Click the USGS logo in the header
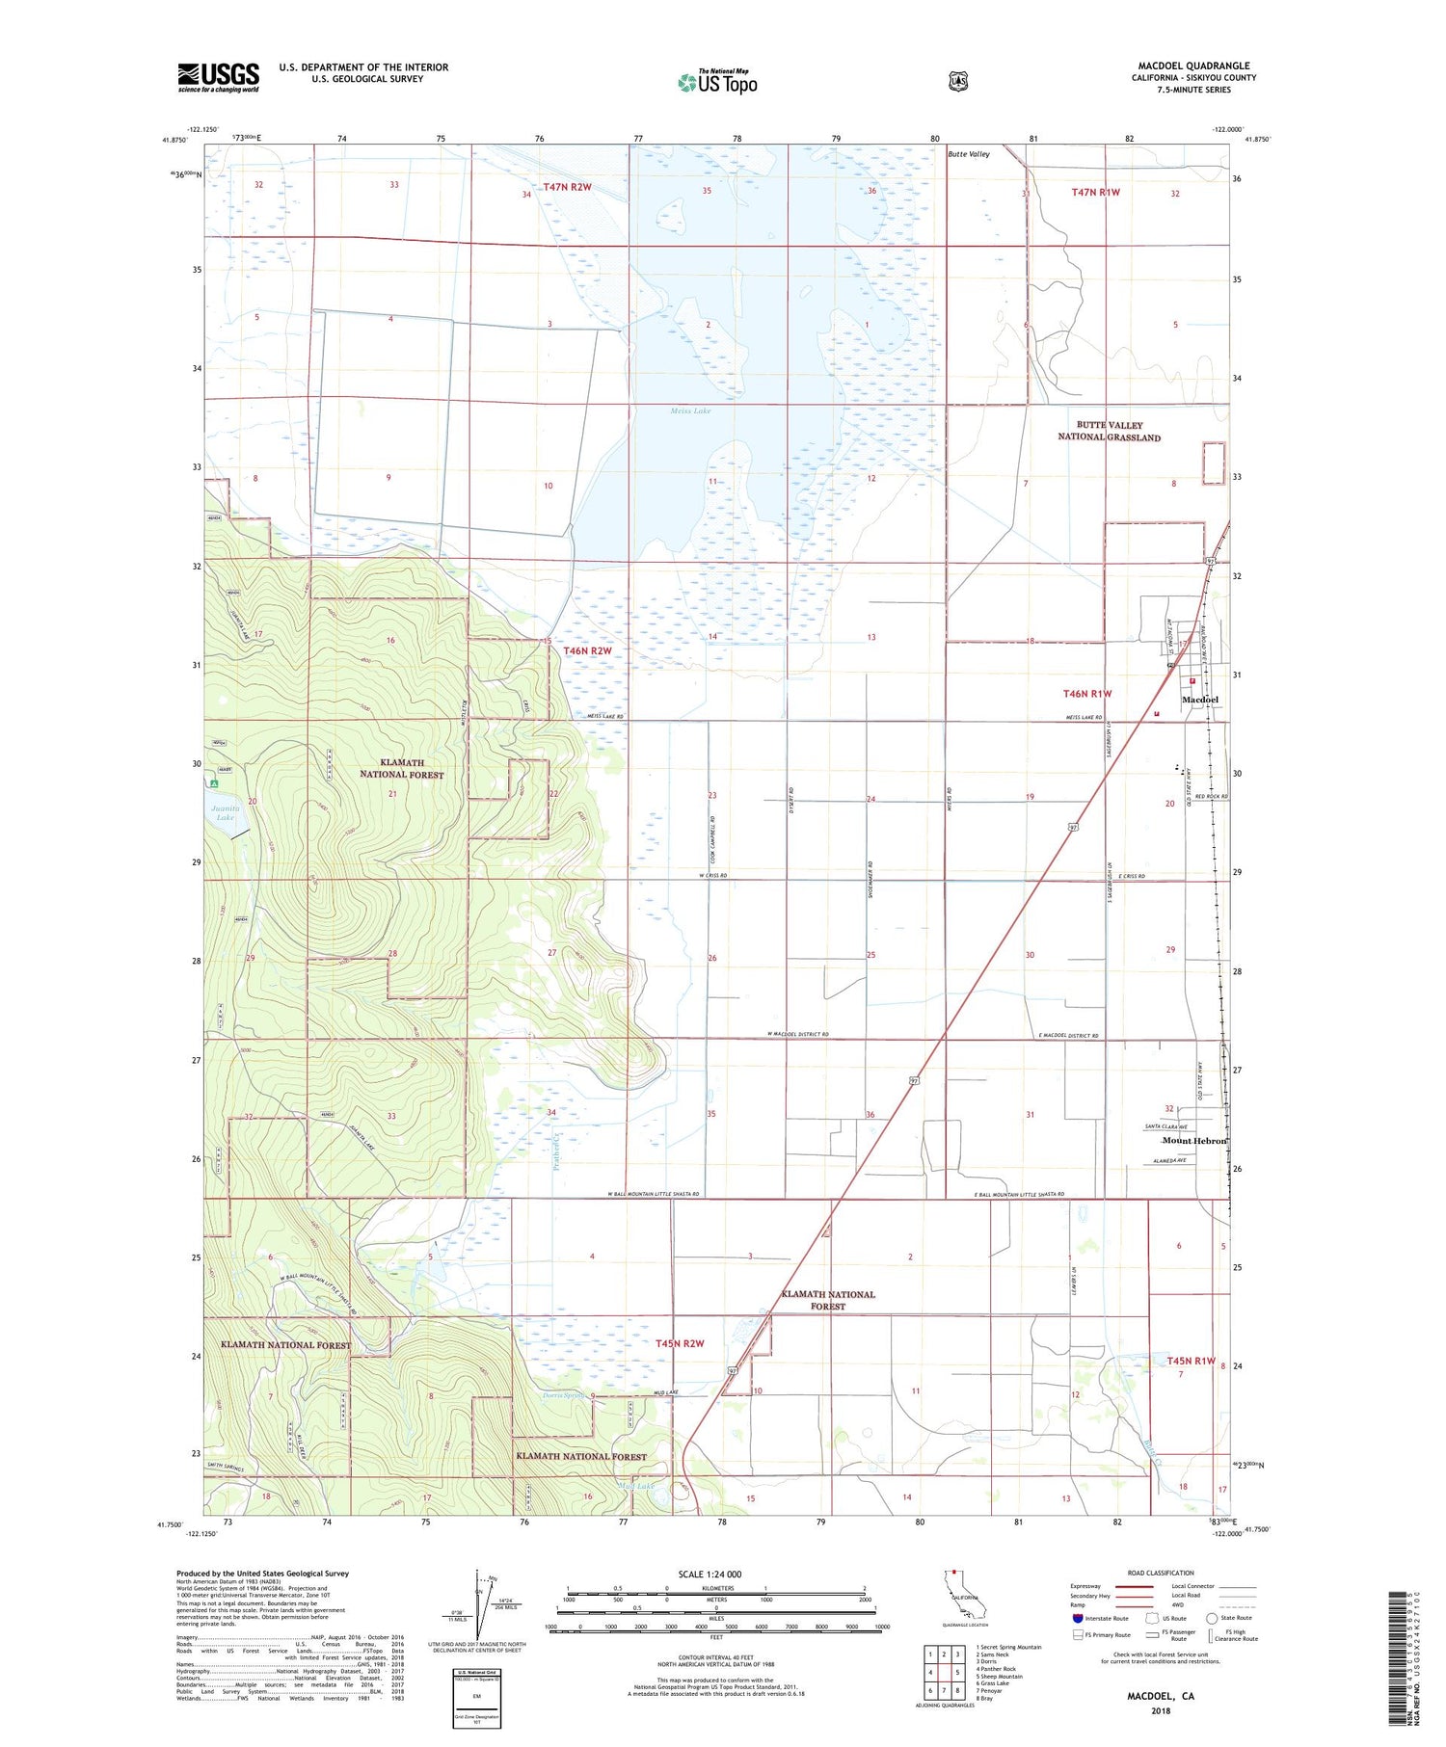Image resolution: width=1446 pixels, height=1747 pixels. (219, 77)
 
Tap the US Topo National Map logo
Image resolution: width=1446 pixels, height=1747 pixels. (717, 82)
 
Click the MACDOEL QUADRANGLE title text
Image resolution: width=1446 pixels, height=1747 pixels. (1193, 66)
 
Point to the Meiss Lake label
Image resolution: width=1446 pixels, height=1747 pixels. (690, 410)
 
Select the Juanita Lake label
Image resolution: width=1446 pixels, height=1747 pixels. (225, 811)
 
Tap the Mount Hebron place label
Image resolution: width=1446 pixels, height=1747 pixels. (1194, 1141)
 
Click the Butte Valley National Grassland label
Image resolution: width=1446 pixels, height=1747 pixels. (1110, 431)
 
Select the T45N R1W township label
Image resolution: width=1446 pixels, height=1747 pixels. (1191, 1361)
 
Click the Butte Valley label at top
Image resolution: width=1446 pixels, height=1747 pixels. (968, 154)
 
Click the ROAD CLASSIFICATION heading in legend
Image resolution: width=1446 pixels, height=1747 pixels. (1161, 1573)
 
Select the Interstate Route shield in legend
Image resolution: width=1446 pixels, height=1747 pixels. (1078, 1618)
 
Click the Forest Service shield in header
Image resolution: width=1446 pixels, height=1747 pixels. (957, 82)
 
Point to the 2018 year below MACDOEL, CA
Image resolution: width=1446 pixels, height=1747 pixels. (1161, 1712)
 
